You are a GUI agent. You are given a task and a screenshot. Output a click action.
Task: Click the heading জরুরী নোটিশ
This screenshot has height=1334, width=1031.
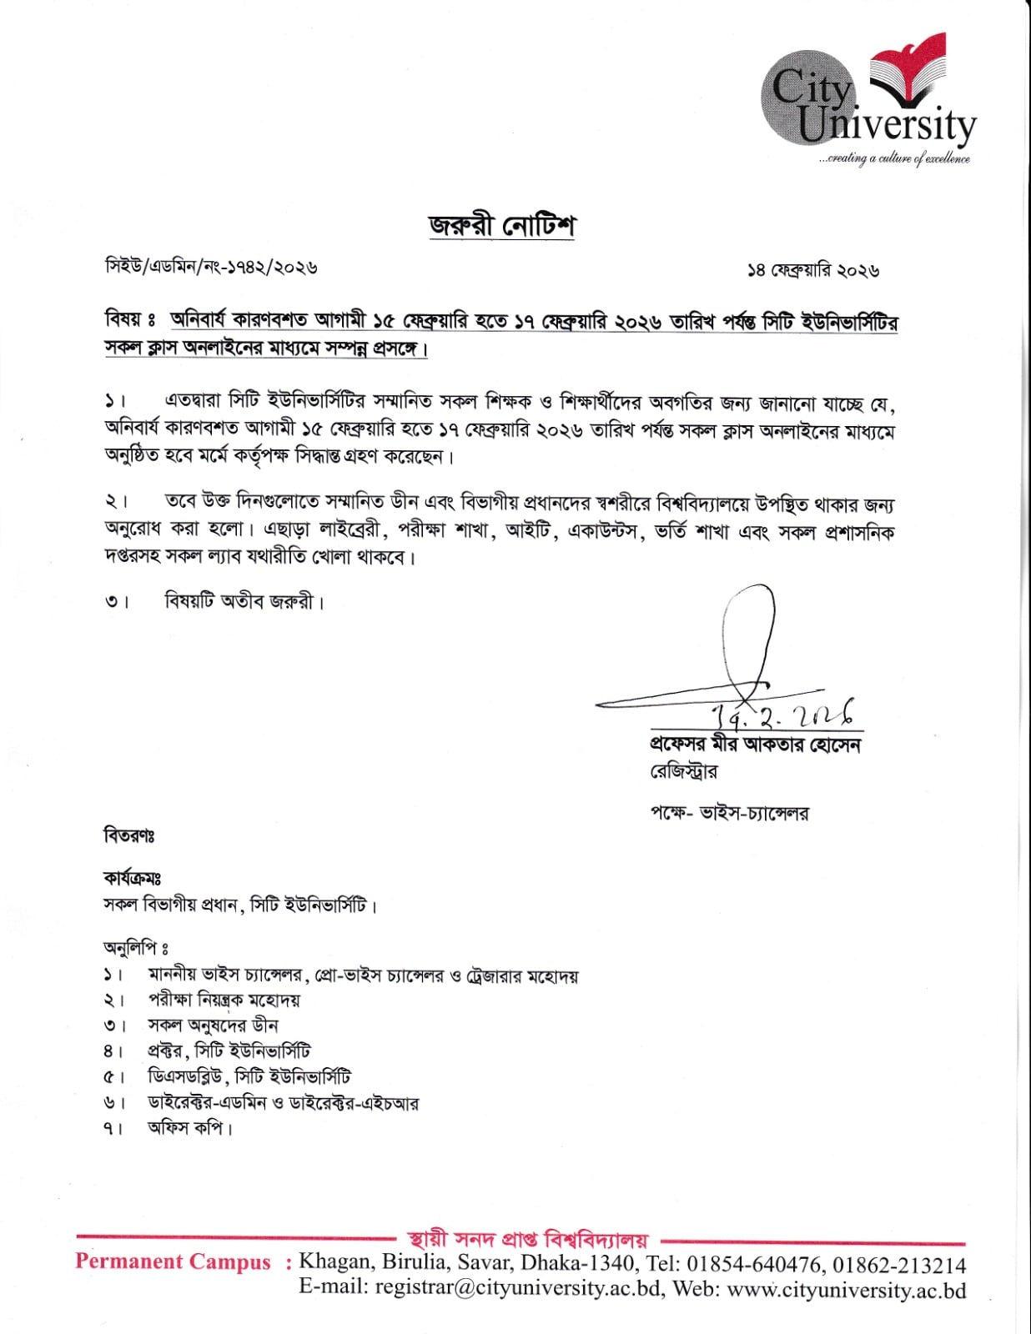(502, 226)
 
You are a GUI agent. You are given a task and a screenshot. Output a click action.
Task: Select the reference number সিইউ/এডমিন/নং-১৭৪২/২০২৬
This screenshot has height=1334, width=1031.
(211, 267)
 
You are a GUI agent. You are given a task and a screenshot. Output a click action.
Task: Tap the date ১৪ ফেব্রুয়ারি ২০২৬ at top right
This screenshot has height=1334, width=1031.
(813, 270)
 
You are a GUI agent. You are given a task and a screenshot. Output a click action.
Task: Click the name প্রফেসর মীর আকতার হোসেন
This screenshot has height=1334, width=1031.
(755, 745)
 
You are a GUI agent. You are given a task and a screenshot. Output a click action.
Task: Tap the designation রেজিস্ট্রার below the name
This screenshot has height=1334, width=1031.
(683, 772)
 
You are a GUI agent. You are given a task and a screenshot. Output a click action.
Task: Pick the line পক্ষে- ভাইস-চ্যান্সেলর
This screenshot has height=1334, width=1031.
(729, 812)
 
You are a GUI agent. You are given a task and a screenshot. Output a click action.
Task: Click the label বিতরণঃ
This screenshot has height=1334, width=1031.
(128, 835)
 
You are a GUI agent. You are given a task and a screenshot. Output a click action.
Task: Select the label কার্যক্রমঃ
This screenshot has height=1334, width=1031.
(132, 878)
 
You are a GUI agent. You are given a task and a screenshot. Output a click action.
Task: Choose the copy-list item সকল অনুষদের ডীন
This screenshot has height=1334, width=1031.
(213, 1026)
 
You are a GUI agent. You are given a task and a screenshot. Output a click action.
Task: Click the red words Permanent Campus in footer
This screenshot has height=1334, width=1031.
(173, 1261)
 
